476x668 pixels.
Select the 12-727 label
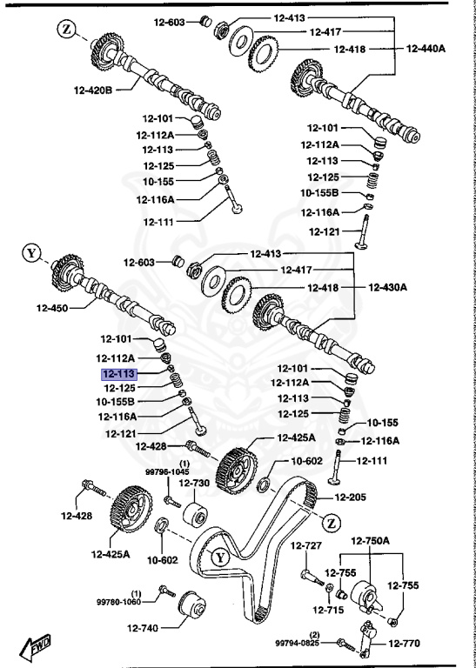[307, 545]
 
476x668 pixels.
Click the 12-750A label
[371, 541]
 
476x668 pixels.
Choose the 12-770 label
[404, 644]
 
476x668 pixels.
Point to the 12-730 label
[194, 484]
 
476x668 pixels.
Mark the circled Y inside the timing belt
[220, 557]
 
